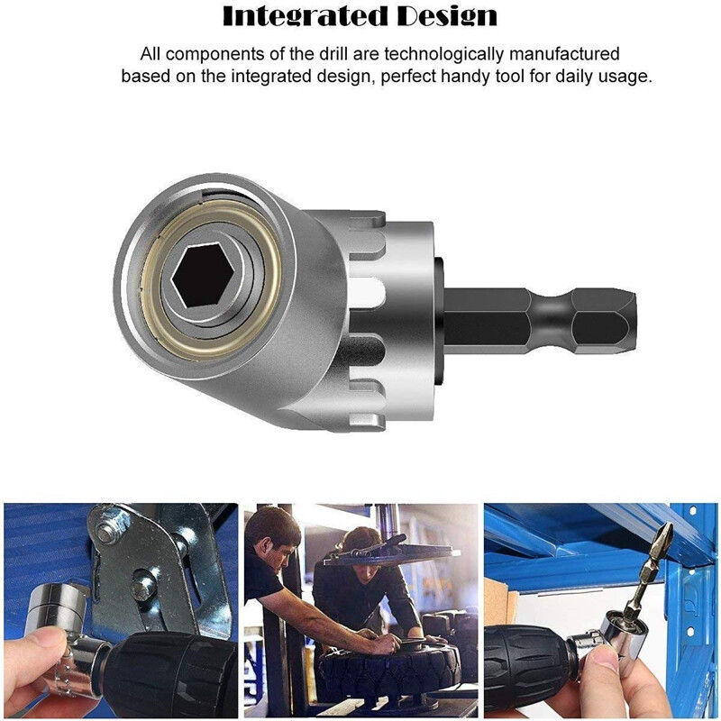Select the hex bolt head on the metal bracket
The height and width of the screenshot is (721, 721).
[141, 590]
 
